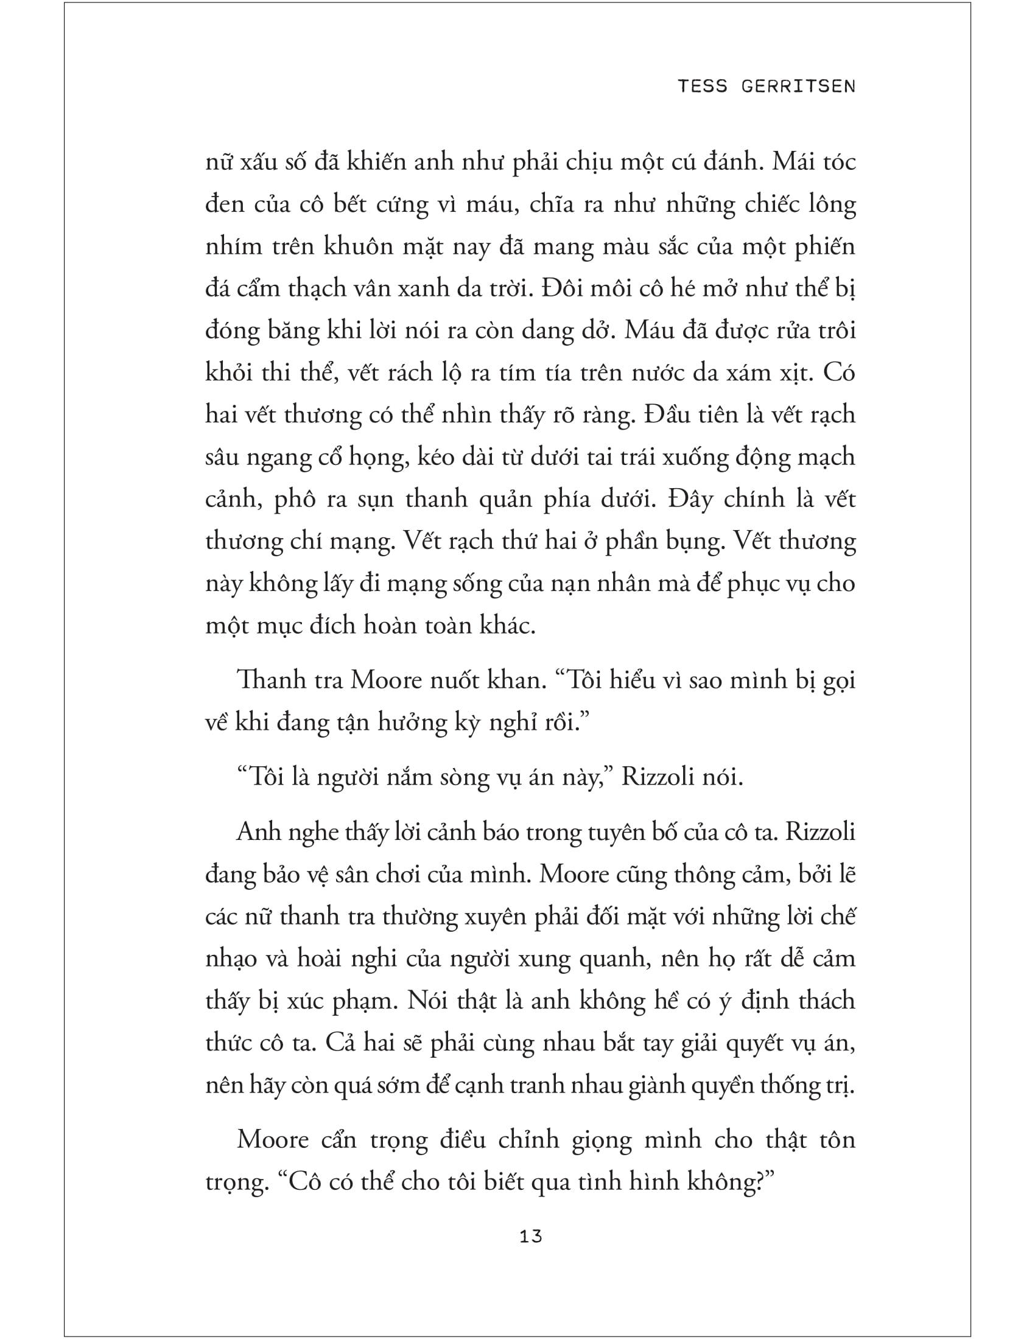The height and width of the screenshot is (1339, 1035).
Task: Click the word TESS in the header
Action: [x=702, y=86]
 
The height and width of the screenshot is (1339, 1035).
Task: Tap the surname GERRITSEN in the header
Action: [x=798, y=86]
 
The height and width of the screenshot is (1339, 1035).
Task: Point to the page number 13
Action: [x=530, y=1237]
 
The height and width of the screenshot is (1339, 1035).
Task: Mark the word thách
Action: [x=827, y=1001]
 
